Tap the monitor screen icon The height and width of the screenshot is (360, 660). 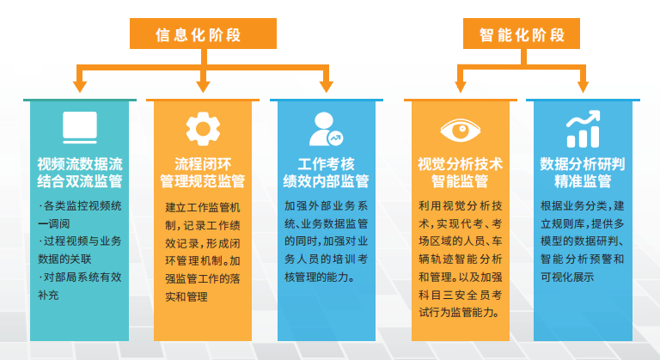(x=80, y=127)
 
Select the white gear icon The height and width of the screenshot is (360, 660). (x=204, y=127)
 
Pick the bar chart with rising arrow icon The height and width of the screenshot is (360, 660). (x=582, y=129)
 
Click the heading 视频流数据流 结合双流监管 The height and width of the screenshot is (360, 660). (x=80, y=171)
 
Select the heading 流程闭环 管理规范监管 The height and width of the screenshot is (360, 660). (x=203, y=171)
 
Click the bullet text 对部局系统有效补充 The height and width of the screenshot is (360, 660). (x=80, y=286)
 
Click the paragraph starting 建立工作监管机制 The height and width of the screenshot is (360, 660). (x=203, y=252)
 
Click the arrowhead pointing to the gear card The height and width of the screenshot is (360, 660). (x=204, y=85)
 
